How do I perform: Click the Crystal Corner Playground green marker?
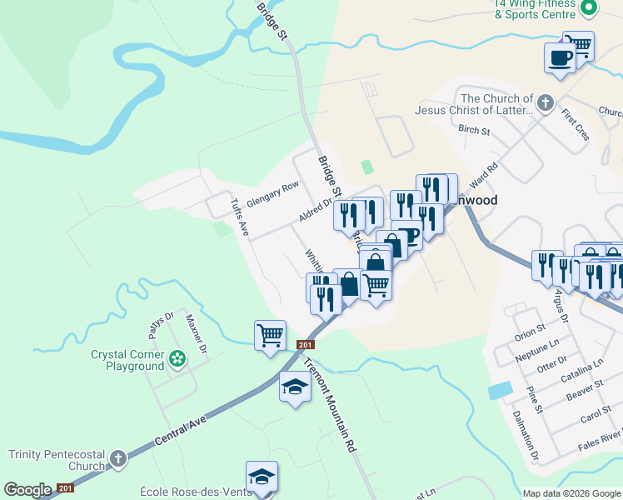pyautogui.click(x=177, y=358)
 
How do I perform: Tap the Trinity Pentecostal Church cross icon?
pyautogui.click(x=118, y=458)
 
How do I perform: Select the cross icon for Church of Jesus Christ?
pyautogui.click(x=546, y=103)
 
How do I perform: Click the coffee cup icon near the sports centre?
pyautogui.click(x=559, y=58)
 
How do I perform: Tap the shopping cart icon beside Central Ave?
pyautogui.click(x=270, y=336)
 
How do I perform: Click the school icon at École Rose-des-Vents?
pyautogui.click(x=262, y=477)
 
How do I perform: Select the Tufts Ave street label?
pyautogui.click(x=240, y=217)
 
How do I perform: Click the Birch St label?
pyautogui.click(x=474, y=130)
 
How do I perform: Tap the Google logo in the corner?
pyautogui.click(x=28, y=490)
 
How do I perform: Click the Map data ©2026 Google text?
pyautogui.click(x=571, y=493)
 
